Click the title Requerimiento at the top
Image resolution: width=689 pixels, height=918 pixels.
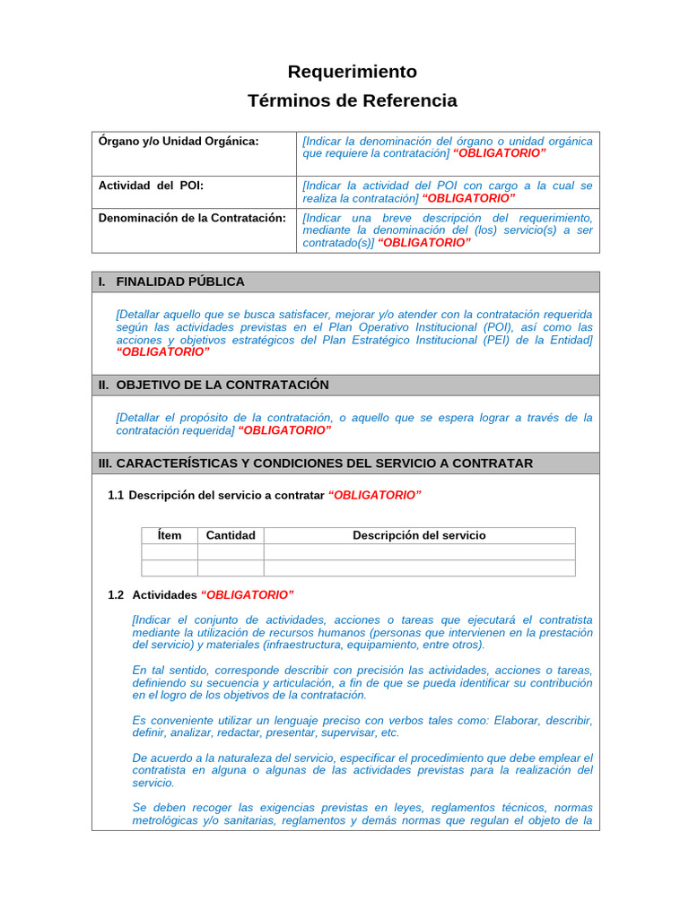click(x=352, y=72)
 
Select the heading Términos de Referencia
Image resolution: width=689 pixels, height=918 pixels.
click(x=352, y=100)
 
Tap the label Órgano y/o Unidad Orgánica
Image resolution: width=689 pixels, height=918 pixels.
click(x=179, y=141)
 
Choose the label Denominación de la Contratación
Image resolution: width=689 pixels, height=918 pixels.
click(x=192, y=218)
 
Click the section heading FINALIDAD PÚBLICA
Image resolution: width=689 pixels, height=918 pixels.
click(x=179, y=281)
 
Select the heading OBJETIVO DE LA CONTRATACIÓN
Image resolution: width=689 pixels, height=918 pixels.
click(x=222, y=385)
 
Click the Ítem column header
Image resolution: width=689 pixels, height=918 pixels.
click(x=170, y=535)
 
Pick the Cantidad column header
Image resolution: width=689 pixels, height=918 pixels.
click(x=231, y=535)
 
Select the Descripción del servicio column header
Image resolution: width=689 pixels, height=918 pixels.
click(x=419, y=535)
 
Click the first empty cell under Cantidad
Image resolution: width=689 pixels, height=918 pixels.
click(x=231, y=552)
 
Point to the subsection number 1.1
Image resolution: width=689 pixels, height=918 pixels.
click(x=116, y=495)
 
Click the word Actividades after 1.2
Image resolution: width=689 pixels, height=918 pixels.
click(x=164, y=594)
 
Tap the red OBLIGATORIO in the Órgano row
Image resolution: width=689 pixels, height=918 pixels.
click(x=499, y=153)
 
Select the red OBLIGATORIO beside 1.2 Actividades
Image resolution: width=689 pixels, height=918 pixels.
click(x=247, y=594)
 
